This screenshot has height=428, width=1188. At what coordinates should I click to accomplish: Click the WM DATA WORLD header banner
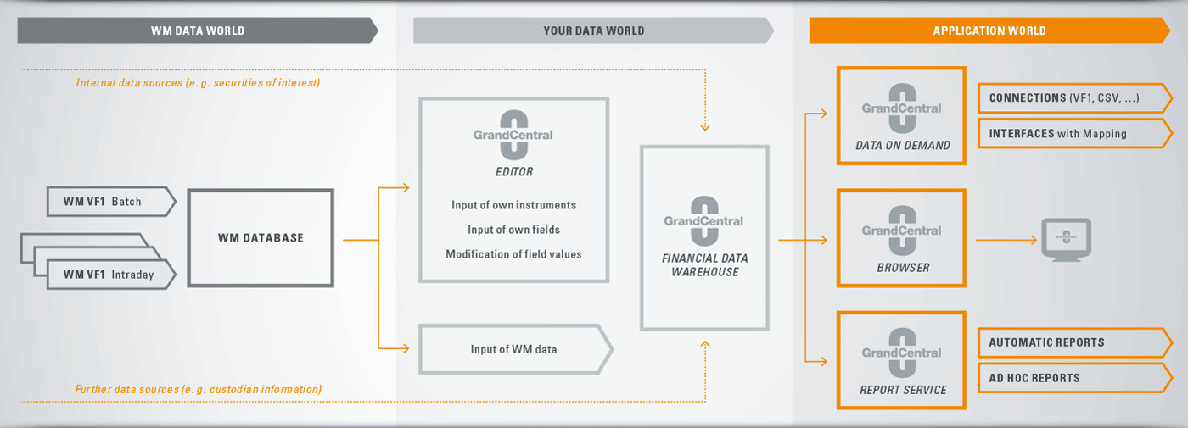tap(197, 31)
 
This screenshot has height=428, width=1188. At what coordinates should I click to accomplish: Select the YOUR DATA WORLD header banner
tap(593, 31)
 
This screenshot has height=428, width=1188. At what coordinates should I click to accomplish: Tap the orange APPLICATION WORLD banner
tap(989, 31)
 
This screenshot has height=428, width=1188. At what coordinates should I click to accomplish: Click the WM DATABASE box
tap(261, 238)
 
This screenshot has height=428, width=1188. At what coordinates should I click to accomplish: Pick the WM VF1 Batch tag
tap(111, 202)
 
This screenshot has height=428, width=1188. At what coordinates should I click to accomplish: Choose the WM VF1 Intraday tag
tap(111, 275)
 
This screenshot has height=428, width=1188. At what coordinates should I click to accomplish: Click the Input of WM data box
tap(516, 349)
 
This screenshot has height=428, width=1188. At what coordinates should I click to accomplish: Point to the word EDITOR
tap(514, 171)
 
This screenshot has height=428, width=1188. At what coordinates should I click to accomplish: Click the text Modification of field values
tap(513, 254)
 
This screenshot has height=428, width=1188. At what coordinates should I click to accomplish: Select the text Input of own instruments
tap(513, 205)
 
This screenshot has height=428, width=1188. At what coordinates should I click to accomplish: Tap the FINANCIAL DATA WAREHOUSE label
tap(705, 264)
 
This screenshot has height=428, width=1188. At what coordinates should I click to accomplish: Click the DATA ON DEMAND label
tap(903, 145)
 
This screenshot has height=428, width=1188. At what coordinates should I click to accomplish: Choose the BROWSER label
tap(903, 268)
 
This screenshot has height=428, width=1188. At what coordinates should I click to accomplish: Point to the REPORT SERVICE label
tap(903, 390)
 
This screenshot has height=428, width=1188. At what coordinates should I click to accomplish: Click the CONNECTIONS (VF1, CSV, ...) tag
tap(1074, 98)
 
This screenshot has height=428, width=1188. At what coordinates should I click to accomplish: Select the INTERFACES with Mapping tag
tap(1074, 134)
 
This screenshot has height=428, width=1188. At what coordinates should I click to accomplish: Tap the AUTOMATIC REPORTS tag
tap(1074, 342)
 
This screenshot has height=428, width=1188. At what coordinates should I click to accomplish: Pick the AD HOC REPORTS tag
tap(1074, 378)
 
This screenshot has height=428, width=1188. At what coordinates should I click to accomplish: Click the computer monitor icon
tap(1066, 240)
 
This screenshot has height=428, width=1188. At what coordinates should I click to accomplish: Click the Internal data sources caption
tap(198, 83)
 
